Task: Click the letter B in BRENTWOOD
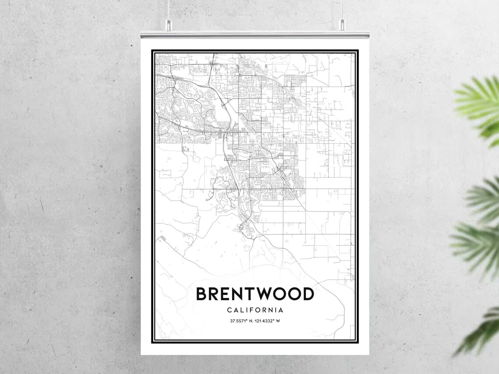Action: coord(202,294)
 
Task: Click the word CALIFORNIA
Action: coord(255,310)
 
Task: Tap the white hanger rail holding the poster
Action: coord(255,34)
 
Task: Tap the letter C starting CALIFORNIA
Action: coord(230,310)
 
